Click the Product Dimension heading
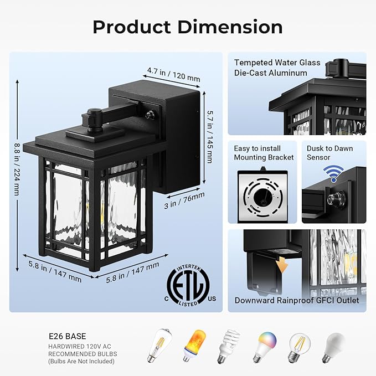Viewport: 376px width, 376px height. [x=188, y=27]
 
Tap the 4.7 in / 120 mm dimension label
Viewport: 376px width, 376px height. [x=173, y=74]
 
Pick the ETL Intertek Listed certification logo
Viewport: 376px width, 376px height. [x=188, y=286]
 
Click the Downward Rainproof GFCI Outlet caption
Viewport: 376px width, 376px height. [x=296, y=301]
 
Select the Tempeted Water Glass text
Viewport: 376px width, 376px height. [x=277, y=63]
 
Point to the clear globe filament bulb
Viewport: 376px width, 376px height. [x=299, y=346]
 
